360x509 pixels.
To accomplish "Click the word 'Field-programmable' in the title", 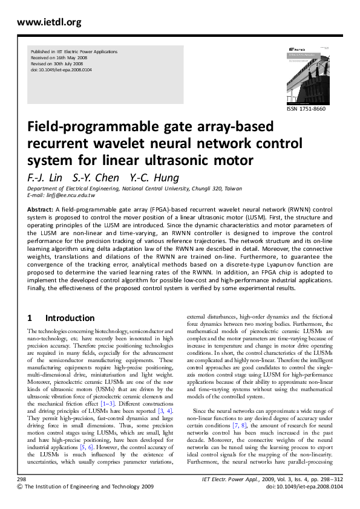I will tap(90, 128).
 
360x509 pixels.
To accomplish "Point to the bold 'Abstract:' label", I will tap(41, 209).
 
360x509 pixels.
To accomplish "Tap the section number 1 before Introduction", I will tap(30, 318).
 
